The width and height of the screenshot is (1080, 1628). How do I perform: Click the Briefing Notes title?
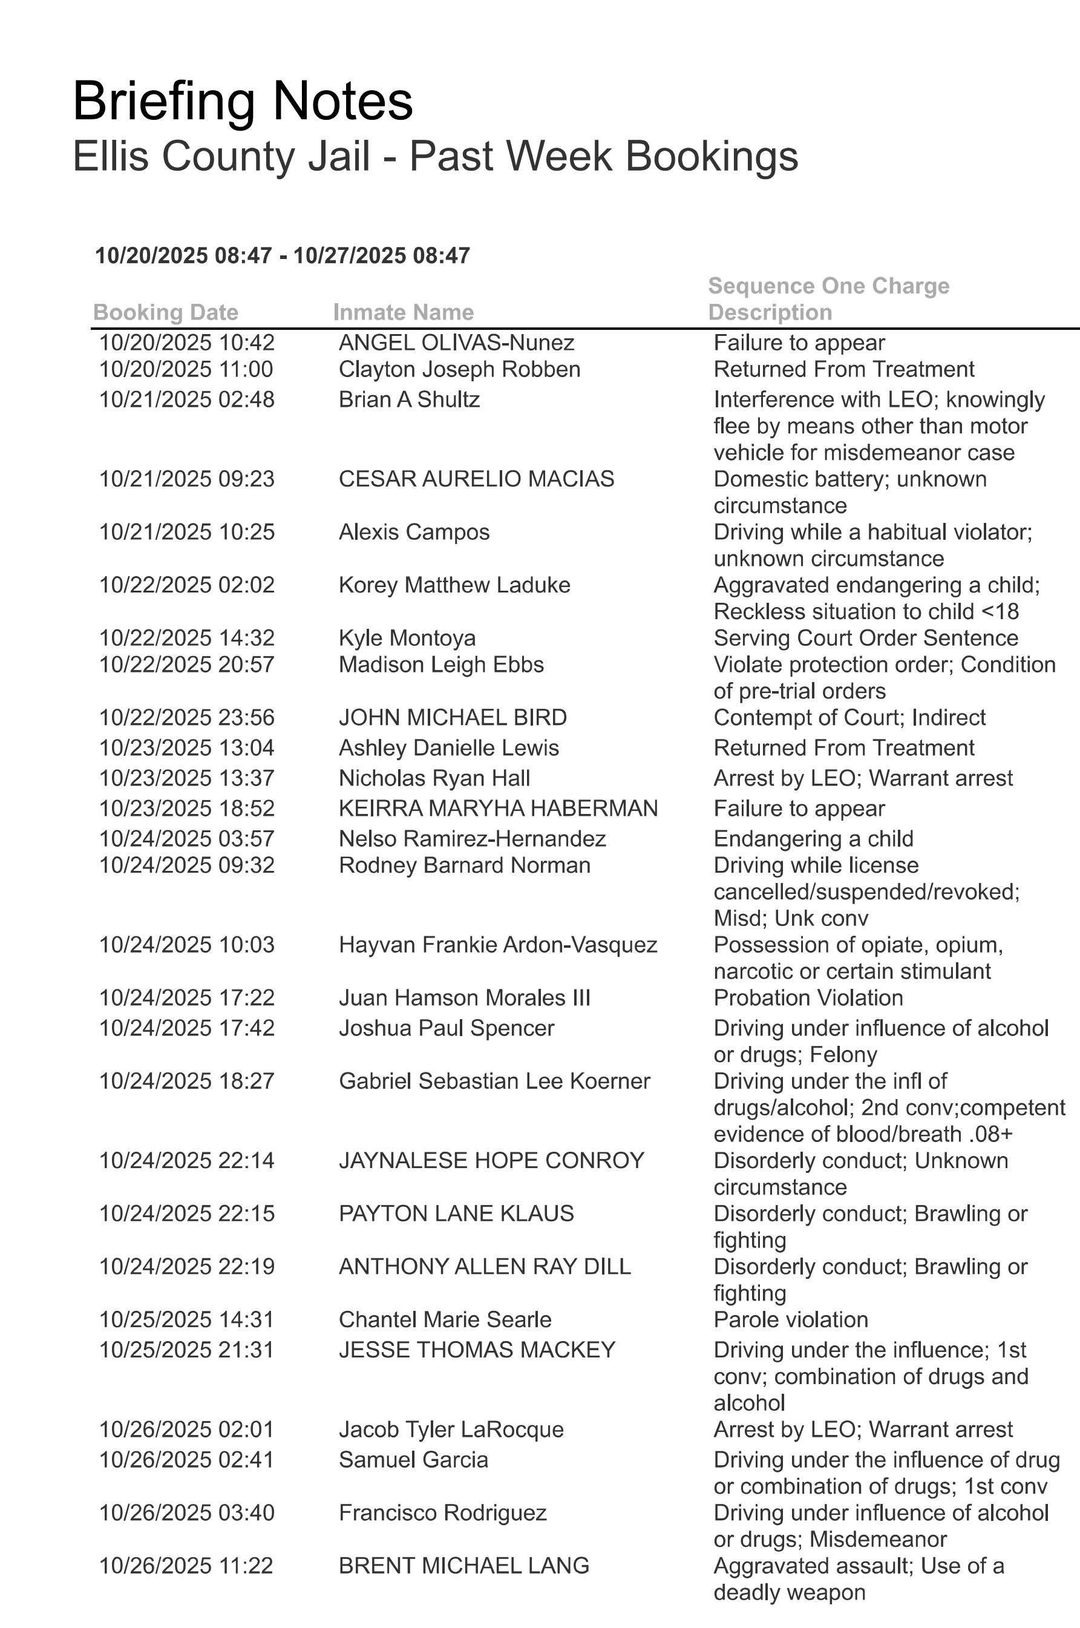pos(243,101)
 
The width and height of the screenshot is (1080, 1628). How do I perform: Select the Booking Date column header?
pos(165,312)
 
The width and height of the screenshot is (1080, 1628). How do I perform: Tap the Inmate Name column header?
pos(403,312)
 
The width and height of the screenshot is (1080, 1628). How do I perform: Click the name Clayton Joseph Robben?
pos(459,369)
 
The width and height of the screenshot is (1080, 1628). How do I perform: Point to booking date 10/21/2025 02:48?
pos(187,399)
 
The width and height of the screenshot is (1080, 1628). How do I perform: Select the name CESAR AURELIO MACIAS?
pos(476,479)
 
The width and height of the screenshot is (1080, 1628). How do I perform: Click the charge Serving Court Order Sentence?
pos(866,638)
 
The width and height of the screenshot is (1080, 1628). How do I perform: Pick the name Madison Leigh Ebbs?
pos(441,665)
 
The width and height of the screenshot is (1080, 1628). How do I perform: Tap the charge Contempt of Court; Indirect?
pos(849,718)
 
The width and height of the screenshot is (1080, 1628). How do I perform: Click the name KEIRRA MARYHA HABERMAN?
pos(498,808)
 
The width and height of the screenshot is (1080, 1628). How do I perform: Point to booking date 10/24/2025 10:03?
pos(187,945)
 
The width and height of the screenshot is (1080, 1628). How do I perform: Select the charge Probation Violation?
pos(808,997)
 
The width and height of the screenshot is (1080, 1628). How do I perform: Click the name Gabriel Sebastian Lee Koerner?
pos(494,1081)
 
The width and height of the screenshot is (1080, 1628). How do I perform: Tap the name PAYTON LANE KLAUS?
pos(456,1213)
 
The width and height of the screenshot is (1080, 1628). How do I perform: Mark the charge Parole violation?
pos(791,1319)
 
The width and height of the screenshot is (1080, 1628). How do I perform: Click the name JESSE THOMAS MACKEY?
pos(477,1350)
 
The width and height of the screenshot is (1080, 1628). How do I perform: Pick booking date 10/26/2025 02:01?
pos(187,1429)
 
